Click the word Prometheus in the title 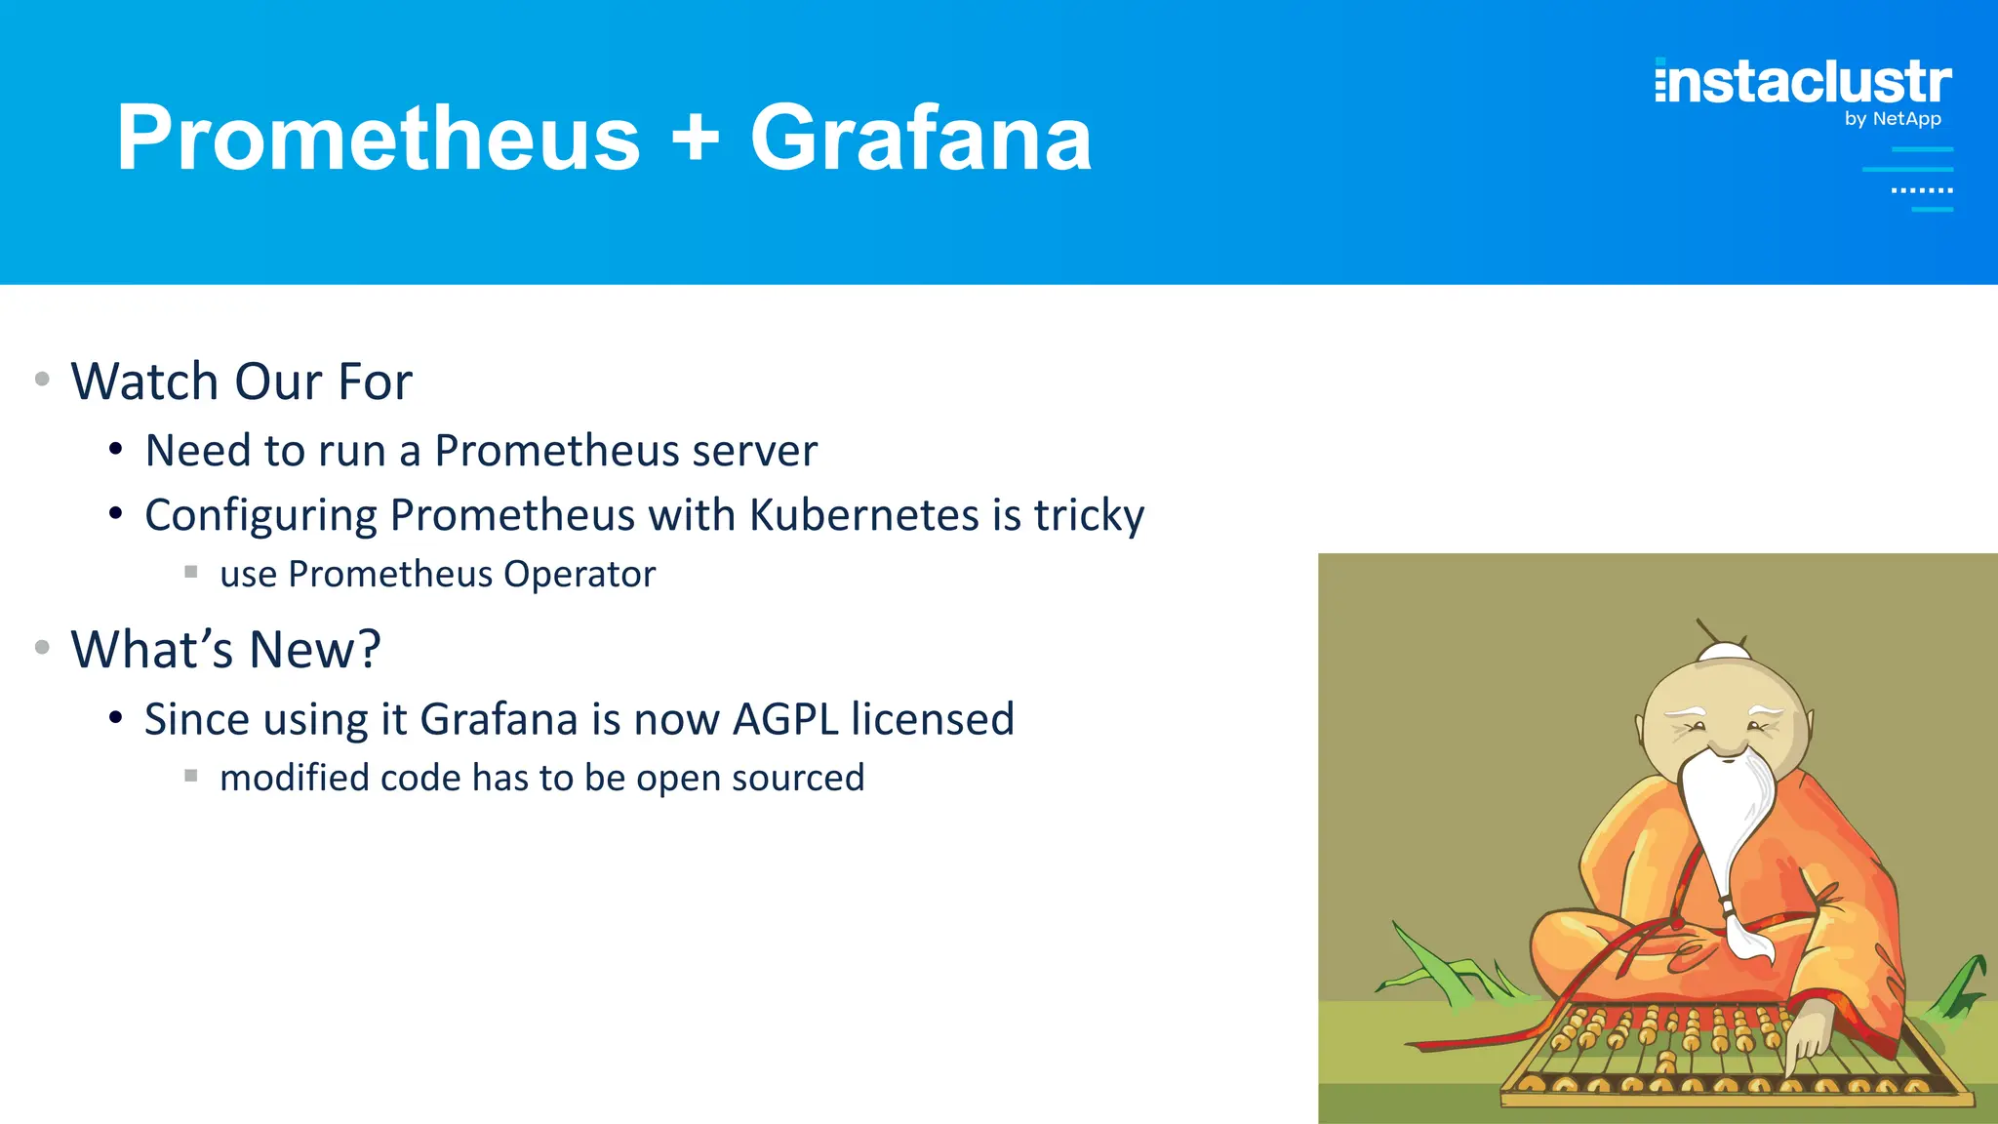tap(379, 139)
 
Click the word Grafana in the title tap(920, 139)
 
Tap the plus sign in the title tap(695, 139)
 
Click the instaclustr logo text tap(1803, 82)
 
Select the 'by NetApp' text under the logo tap(1892, 119)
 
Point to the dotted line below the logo tap(1921, 190)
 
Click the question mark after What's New tap(368, 650)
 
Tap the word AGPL tap(785, 720)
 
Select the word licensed tap(932, 720)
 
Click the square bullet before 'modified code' tap(191, 777)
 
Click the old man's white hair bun tap(1724, 652)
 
